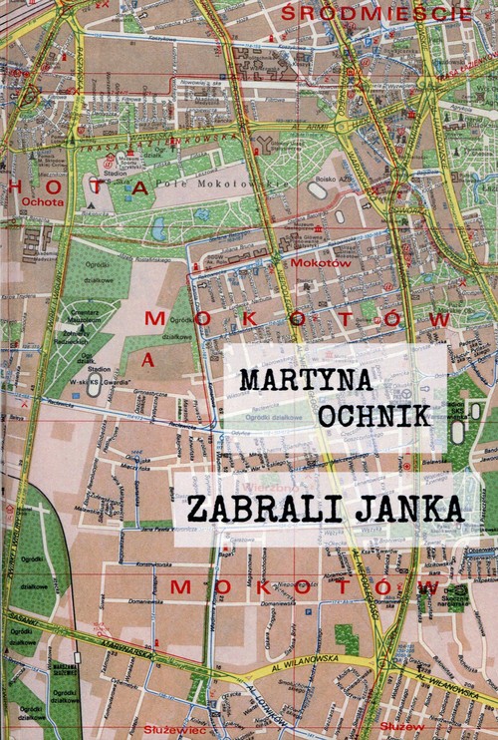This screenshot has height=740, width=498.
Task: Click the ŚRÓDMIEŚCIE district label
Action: click(x=365, y=14)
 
